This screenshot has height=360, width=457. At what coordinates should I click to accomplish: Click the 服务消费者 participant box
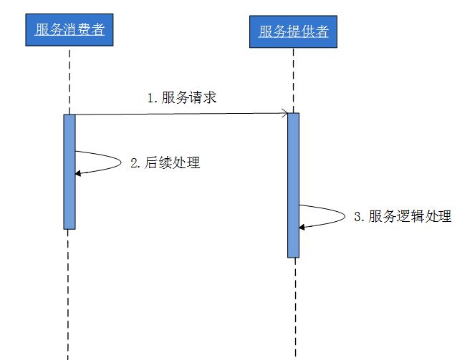[69, 30]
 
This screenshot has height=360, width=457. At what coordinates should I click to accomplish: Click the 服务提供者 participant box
[293, 31]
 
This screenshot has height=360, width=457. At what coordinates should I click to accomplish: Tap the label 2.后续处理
[165, 162]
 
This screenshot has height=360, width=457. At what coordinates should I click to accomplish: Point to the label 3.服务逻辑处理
[403, 217]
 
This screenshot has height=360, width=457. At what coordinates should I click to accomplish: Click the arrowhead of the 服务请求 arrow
[285, 113]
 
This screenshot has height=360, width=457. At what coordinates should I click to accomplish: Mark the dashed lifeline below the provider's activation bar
[293, 308]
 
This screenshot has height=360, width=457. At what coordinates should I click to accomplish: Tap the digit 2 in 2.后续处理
[133, 162]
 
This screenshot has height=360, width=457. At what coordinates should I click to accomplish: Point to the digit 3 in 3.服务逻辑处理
[357, 217]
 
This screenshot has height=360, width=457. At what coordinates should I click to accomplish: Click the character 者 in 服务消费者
[100, 30]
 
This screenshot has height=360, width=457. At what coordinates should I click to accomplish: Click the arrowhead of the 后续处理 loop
[78, 172]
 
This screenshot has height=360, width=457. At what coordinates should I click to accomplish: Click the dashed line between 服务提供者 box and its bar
[293, 79]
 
